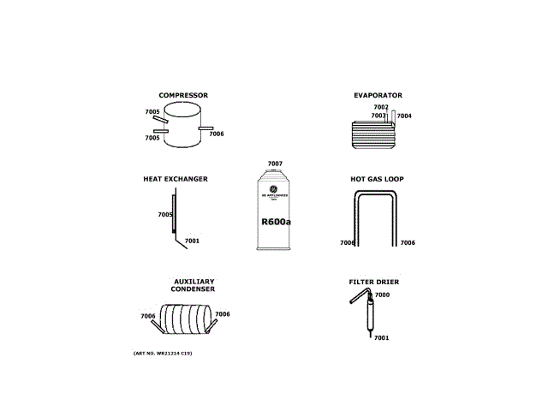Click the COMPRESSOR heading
[x=182, y=95]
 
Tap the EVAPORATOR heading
[x=378, y=95]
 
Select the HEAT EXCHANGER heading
[x=175, y=179]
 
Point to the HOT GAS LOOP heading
[x=377, y=179]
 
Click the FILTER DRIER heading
[x=373, y=282]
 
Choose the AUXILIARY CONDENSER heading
[x=193, y=285]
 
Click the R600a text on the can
[x=276, y=222]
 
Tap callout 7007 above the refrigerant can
[x=275, y=164]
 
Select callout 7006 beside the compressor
[x=217, y=134]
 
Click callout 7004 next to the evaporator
[x=404, y=116]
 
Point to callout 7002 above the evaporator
[x=381, y=107]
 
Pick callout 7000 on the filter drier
[x=382, y=295]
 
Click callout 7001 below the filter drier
[x=381, y=337]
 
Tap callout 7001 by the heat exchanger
[x=192, y=241]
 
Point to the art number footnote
[x=163, y=353]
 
